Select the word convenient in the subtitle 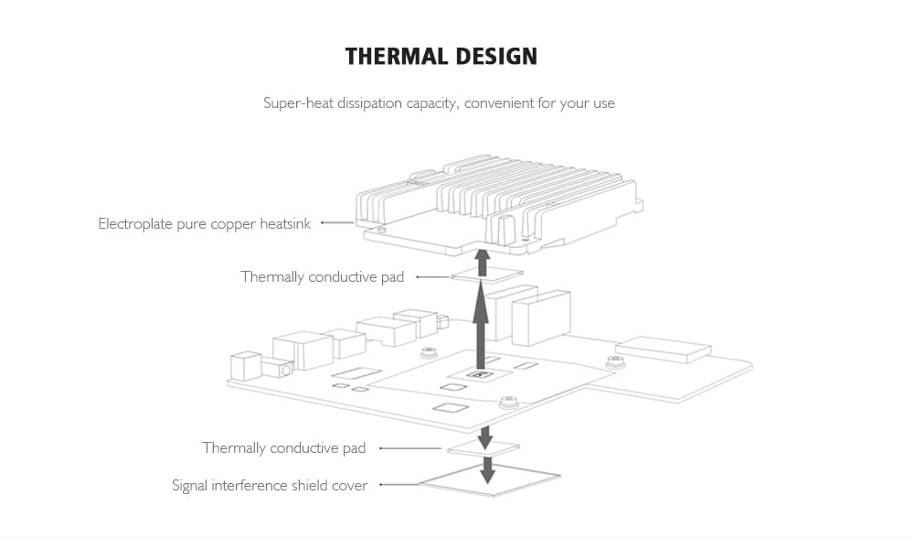click(498, 103)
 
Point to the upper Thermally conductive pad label click(322, 276)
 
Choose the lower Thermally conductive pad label click(283, 447)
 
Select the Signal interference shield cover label click(270, 486)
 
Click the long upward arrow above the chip click(481, 325)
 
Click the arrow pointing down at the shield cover click(488, 469)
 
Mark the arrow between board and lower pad click(485, 434)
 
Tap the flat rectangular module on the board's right click(664, 348)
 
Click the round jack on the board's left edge click(285, 371)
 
